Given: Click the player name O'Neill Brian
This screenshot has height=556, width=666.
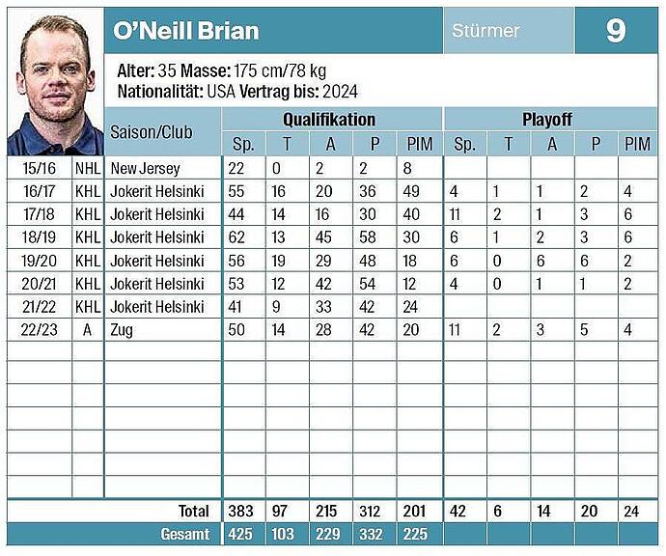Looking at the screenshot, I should click(186, 31).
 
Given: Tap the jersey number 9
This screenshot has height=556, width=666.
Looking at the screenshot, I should click(616, 31).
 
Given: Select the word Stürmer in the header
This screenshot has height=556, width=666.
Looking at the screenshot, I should click(486, 31).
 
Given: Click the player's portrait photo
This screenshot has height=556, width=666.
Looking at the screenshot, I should click(55, 82).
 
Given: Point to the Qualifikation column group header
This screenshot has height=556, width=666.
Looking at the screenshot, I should click(329, 120).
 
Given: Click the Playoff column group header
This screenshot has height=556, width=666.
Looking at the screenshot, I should click(547, 120).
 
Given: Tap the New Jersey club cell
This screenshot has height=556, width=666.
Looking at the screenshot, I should click(146, 168).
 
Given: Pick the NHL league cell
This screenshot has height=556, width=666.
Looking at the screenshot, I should click(87, 168).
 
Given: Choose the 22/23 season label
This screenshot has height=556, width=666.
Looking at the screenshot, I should click(39, 329).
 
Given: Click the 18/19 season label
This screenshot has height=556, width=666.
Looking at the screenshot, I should click(39, 237).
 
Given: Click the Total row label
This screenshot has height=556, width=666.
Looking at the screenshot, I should click(194, 511).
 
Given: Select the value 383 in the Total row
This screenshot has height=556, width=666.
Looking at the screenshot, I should click(243, 511).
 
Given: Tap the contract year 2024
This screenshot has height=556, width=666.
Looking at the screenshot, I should click(340, 92).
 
